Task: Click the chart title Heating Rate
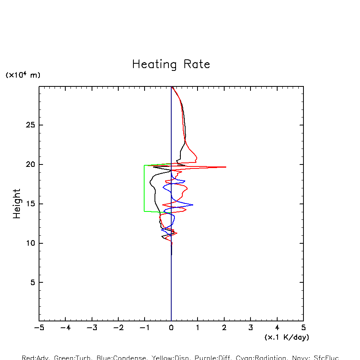pos(171,65)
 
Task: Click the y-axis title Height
pos(17,204)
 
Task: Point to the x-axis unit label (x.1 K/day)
pos(287,337)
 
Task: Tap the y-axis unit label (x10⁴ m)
pos(23,75)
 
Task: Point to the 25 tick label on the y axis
pos(30,125)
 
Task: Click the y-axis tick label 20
pos(30,164)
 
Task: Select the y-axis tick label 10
pos(30,243)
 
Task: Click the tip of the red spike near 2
pos(226,167)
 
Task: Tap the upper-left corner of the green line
pos(144,165)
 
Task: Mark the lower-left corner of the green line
pos(144,211)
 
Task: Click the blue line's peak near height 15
pos(193,205)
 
